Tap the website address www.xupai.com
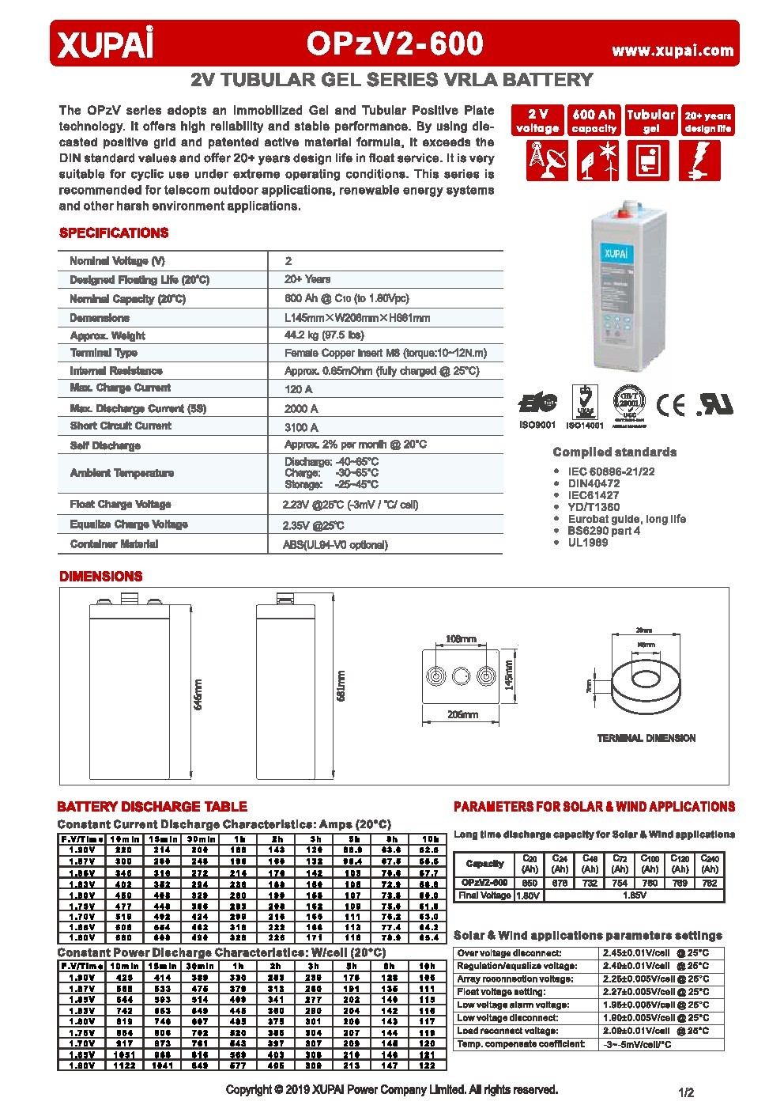pos(673,51)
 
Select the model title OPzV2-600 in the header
pos(394,44)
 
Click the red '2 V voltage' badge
pos(537,120)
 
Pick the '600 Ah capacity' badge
pos(594,120)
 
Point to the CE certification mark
pos(672,404)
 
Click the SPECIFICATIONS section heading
pos(114,233)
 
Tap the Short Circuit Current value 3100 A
pos(301,427)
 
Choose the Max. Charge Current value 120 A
pos(298,389)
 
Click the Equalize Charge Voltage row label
pos(129,524)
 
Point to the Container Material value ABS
pos(335,545)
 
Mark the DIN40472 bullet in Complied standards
pos(593,483)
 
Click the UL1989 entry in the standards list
pos(588,543)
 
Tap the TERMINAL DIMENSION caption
pos(646,738)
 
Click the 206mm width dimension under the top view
pos(462,714)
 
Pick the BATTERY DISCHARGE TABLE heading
pos(152,807)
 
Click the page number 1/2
pos(685,1092)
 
